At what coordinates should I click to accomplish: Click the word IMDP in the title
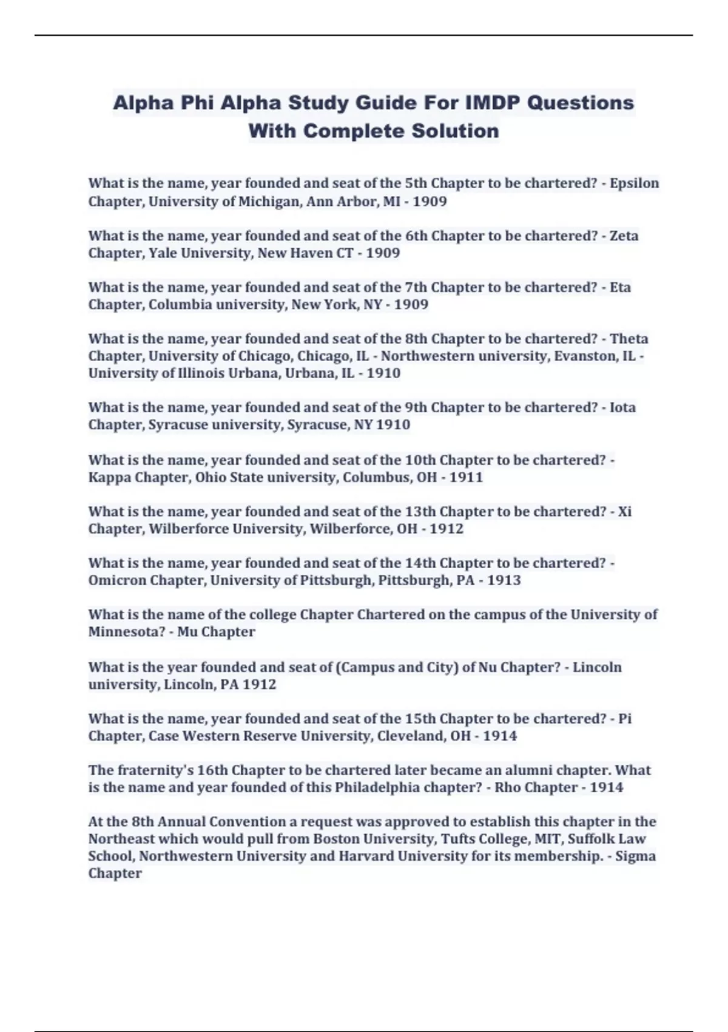(x=492, y=103)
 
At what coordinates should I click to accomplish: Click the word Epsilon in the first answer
(x=634, y=183)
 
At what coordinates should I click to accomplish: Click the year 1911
(x=466, y=477)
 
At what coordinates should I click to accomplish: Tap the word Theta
(x=629, y=339)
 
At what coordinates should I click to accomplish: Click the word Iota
(x=622, y=407)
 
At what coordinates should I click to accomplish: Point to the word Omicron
(x=117, y=580)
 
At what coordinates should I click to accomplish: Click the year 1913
(x=504, y=580)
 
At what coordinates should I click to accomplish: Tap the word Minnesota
(x=126, y=632)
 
